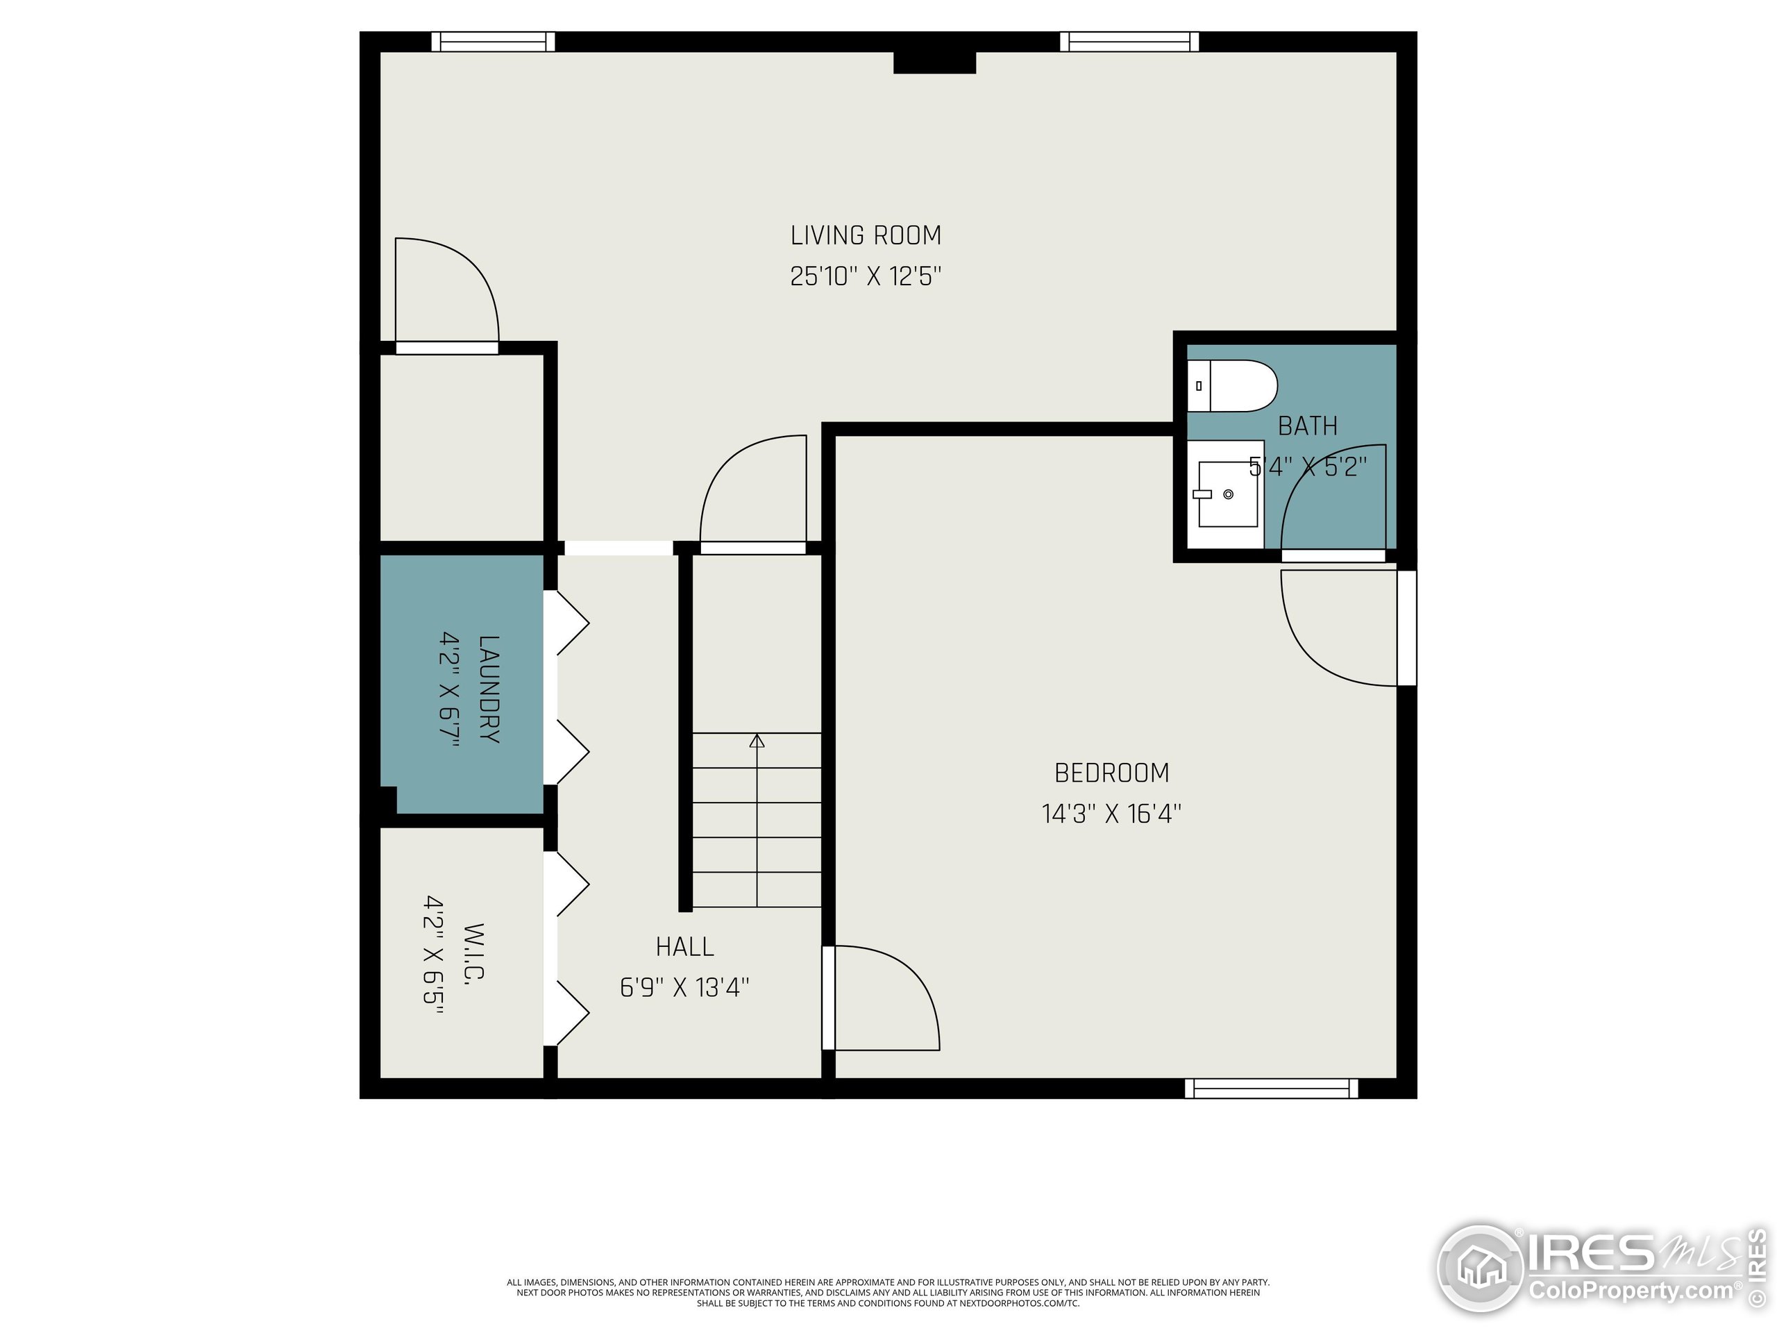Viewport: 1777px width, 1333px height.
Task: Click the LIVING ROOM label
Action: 865,235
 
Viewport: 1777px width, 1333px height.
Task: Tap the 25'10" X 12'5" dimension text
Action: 865,276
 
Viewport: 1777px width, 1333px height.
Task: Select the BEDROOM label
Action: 1111,773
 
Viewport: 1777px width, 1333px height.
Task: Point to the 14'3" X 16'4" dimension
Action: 1111,814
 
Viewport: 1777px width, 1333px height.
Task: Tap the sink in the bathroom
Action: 1227,494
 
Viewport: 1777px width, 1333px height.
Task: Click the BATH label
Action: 1307,426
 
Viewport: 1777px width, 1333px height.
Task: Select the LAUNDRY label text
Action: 489,689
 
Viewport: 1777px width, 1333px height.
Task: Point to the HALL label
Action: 684,946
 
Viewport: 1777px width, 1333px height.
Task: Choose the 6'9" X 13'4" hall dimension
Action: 684,987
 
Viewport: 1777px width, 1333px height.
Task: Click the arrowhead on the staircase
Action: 757,741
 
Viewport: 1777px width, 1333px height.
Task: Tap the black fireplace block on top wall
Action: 934,62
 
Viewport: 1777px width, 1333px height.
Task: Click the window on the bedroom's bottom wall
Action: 1271,1089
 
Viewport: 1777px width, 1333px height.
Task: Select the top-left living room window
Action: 492,42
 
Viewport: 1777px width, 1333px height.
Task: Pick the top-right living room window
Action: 1129,42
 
